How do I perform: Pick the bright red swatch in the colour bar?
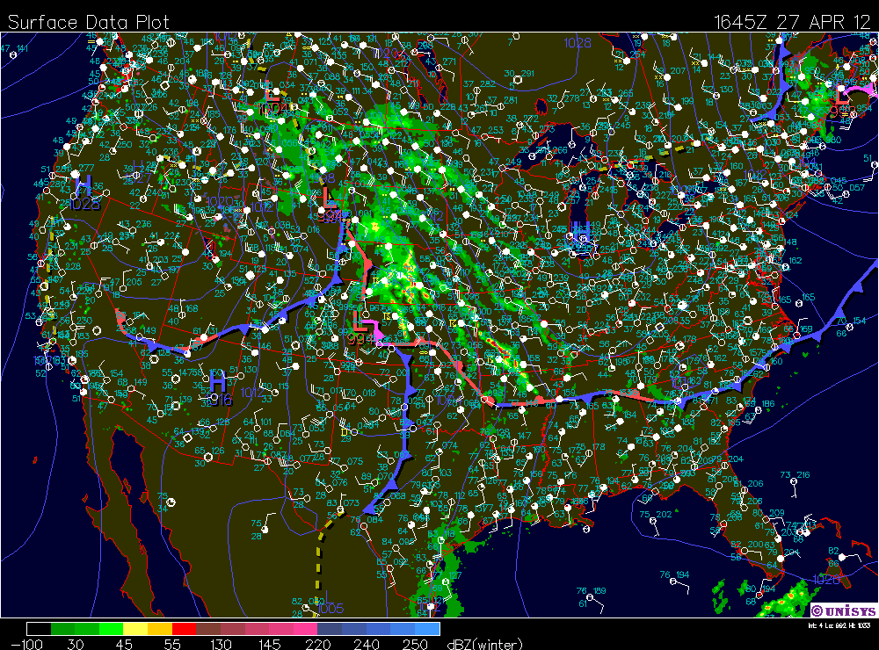(184, 629)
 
